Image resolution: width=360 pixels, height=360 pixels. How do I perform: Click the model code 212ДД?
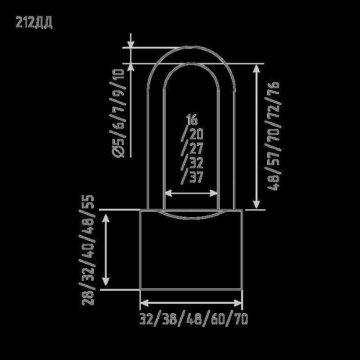[x=34, y=22]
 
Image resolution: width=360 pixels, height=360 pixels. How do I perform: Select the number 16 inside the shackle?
[x=192, y=119]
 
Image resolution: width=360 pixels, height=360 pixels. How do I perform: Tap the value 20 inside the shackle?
[x=197, y=134]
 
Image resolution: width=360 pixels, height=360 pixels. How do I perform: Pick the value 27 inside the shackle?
[x=196, y=148]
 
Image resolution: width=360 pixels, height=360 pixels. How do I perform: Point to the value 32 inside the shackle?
[x=197, y=163]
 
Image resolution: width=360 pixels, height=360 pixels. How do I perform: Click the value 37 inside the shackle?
[x=196, y=177]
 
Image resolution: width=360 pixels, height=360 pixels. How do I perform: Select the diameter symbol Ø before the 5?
[x=118, y=152]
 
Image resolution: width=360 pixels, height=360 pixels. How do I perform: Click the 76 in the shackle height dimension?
[x=274, y=88]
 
